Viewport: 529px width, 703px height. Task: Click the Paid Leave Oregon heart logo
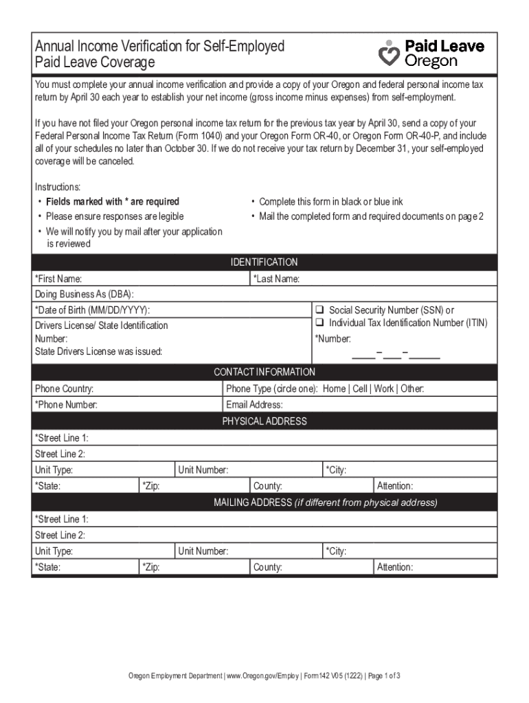click(390, 53)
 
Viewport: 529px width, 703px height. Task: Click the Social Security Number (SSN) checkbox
click(319, 310)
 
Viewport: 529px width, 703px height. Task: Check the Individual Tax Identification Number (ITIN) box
click(319, 323)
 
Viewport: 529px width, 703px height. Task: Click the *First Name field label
click(58, 279)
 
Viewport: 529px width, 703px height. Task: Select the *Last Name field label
click(276, 279)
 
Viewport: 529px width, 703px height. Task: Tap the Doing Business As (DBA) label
click(84, 294)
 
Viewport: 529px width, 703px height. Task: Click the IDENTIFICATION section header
click(264, 262)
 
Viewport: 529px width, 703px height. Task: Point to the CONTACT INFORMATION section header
click(264, 372)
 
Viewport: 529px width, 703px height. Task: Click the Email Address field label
click(254, 405)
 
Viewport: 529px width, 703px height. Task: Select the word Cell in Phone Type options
click(360, 389)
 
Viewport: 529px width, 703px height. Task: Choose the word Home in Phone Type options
click(334, 389)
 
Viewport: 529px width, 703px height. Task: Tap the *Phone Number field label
click(66, 405)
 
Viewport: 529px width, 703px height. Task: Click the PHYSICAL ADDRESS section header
click(264, 421)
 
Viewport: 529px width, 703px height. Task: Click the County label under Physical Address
click(268, 486)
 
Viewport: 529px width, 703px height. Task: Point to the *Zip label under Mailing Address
click(150, 567)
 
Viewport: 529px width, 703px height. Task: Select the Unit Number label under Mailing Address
click(203, 551)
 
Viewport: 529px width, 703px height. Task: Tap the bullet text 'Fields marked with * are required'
click(112, 201)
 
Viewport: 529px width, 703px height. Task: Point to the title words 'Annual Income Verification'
click(110, 47)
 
